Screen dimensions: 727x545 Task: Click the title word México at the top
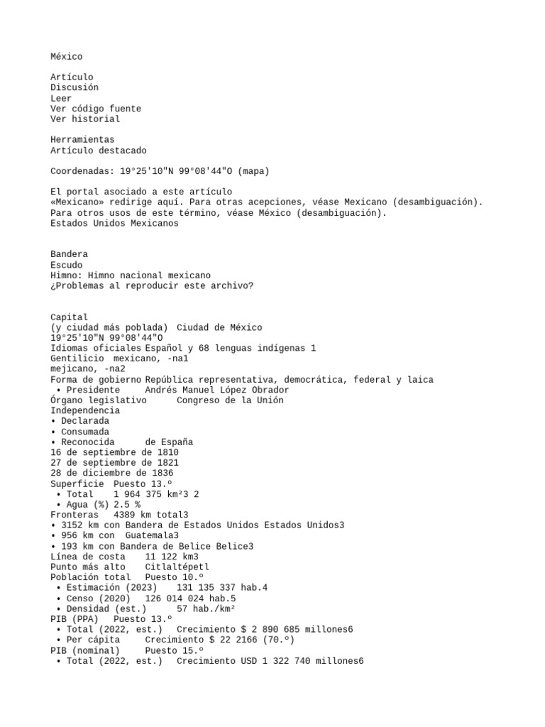(66, 56)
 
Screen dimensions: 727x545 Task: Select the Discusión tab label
(75, 87)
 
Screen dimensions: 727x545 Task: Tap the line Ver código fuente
(96, 109)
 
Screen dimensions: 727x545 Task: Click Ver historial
(85, 119)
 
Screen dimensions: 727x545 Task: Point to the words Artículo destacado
(99, 151)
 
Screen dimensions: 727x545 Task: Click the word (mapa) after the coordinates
(253, 171)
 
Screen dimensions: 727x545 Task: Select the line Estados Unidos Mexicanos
(114, 223)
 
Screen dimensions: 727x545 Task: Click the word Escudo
(67, 265)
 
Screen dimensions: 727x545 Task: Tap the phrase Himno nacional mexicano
(149, 275)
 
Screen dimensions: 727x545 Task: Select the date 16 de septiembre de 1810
(114, 452)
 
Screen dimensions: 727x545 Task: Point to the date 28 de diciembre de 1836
(112, 473)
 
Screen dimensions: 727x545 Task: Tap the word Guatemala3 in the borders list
(152, 535)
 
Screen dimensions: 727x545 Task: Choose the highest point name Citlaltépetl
(177, 567)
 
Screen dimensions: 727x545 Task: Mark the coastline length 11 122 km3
(171, 557)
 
